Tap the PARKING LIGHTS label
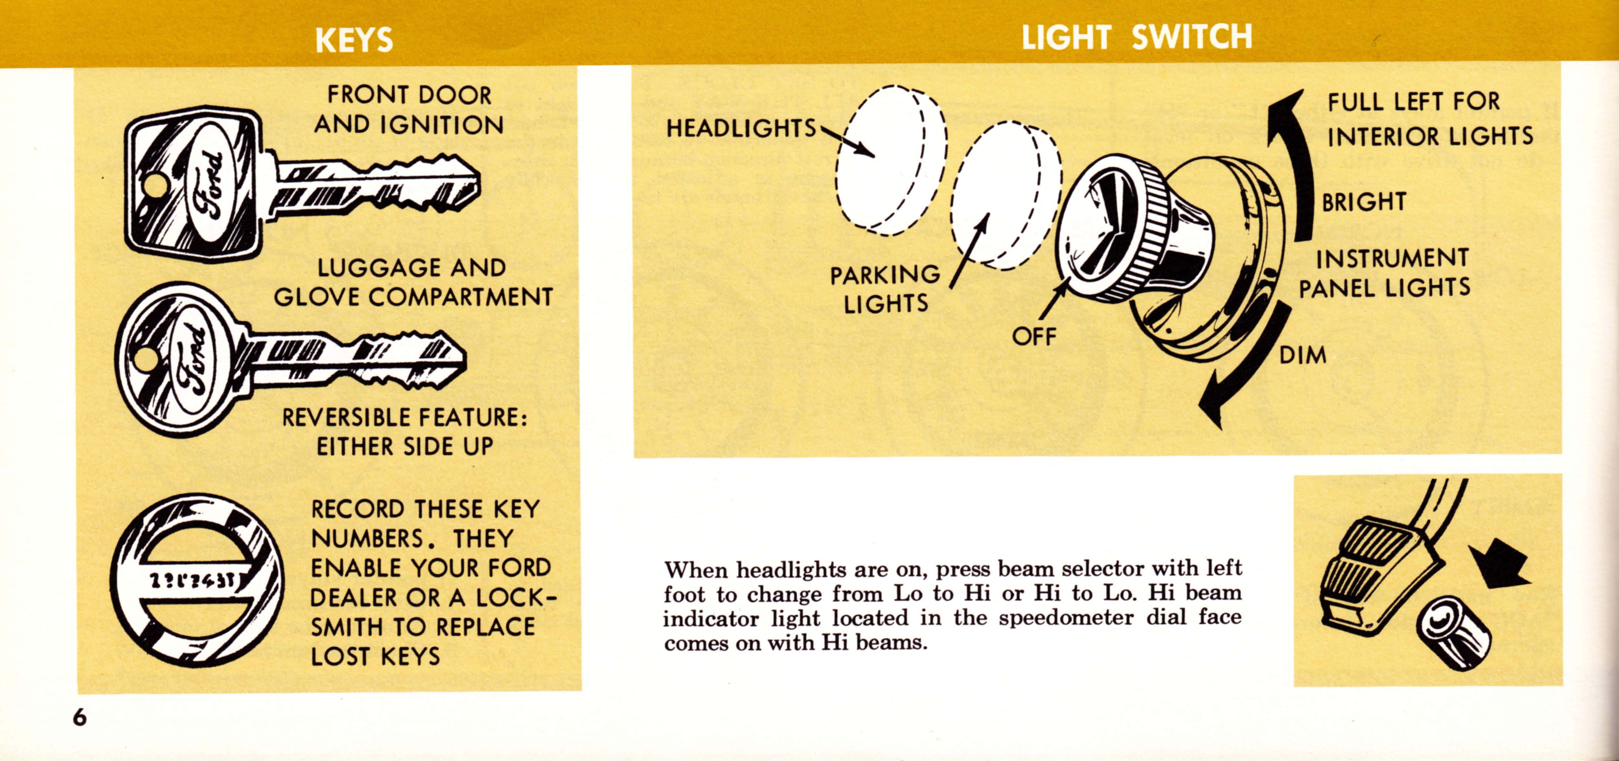coord(885,289)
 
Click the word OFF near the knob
coord(1034,337)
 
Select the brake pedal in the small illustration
coord(1376,572)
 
